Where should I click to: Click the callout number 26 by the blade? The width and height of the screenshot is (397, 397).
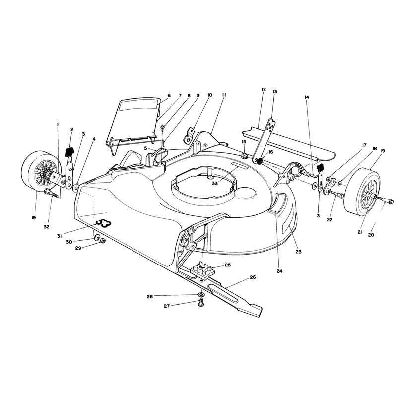click(x=253, y=277)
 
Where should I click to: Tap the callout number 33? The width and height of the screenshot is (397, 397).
click(x=215, y=183)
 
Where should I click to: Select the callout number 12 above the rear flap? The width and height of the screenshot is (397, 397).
click(x=264, y=90)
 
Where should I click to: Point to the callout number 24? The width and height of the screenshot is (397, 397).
click(x=279, y=271)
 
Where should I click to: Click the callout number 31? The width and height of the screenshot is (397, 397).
click(x=59, y=236)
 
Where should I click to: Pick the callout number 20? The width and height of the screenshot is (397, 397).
click(x=371, y=235)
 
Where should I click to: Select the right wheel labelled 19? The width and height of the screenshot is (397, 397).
click(x=363, y=190)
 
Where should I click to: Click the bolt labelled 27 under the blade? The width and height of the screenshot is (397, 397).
click(x=201, y=302)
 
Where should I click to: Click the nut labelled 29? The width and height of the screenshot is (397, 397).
click(x=103, y=241)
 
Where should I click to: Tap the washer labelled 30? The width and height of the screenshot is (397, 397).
click(x=97, y=238)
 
